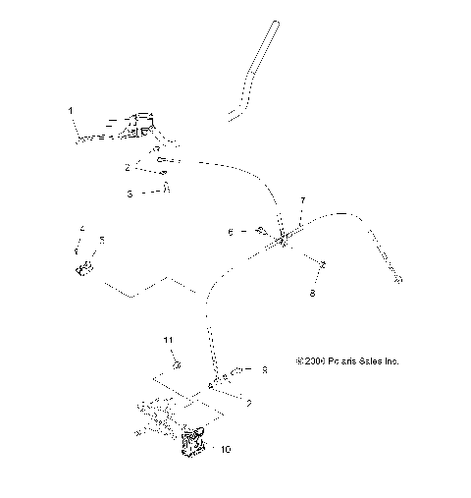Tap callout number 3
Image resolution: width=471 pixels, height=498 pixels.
point(130,194)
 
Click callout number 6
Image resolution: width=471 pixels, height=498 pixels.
point(231,233)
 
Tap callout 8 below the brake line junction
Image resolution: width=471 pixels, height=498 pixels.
point(313,293)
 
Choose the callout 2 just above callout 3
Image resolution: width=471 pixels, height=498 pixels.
point(128,168)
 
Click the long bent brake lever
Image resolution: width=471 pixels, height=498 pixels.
point(251,74)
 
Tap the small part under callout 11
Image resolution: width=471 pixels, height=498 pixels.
point(177,365)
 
